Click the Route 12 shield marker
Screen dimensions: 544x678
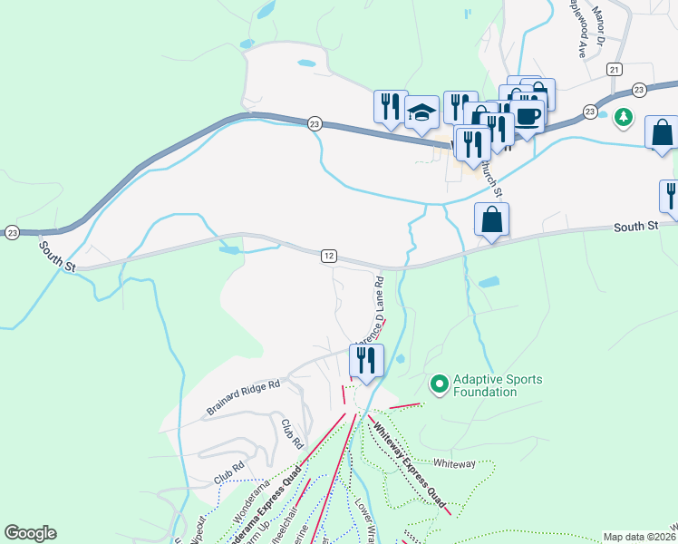328,257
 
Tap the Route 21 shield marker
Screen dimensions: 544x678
615,70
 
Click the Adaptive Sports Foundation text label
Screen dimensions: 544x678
498,385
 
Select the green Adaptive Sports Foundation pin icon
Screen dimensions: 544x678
440,384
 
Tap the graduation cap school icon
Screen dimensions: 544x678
421,112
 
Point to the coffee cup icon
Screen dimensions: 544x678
527,115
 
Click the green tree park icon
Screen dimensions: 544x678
623,117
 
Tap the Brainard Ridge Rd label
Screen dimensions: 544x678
242,397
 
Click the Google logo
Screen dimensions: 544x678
30,533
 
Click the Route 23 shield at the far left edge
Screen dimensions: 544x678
11,232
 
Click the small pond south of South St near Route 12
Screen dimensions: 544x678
230,247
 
